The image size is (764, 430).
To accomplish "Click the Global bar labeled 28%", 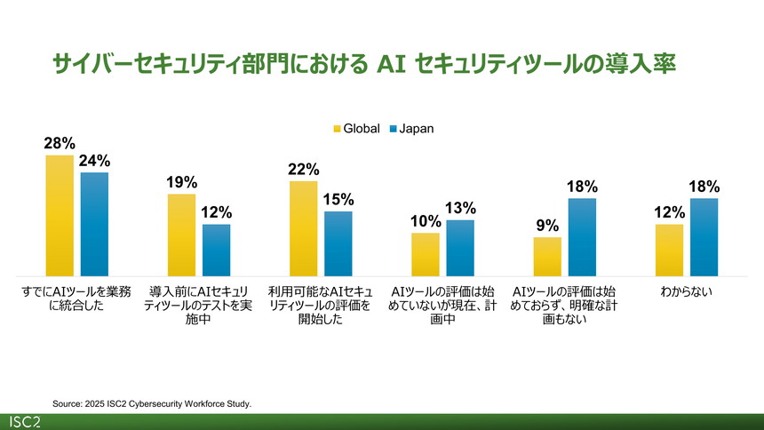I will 60,215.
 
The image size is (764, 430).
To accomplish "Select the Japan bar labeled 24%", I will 94,224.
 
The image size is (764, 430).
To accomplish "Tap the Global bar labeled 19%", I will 181,235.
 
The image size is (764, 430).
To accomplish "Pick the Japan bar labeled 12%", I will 216,250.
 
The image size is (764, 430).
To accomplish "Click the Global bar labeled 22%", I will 303,227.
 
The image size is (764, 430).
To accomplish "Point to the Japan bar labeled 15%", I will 338,243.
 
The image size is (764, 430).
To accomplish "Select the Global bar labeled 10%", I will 426,254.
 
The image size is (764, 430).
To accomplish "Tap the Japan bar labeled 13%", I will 460,248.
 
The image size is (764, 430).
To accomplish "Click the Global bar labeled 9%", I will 547,256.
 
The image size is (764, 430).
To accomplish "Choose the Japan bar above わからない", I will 704,236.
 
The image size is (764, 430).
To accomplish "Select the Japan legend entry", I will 410,129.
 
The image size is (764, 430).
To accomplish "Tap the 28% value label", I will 60,143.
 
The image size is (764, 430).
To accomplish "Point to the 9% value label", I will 547,226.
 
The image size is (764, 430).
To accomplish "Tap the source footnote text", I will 152,403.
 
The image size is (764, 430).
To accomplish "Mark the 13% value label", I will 461,208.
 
